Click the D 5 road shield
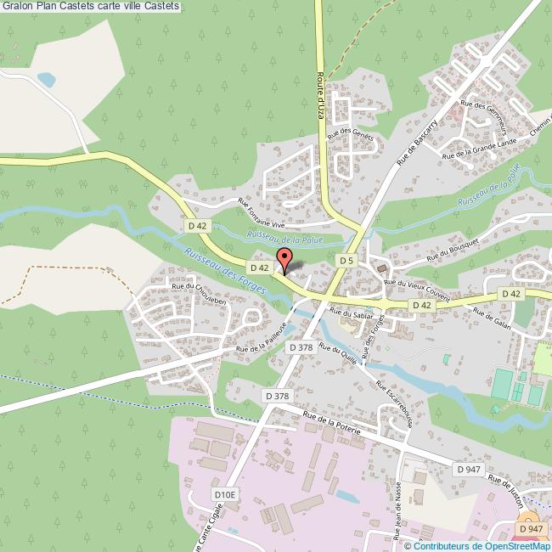click(x=345, y=259)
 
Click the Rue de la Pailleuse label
click(x=262, y=336)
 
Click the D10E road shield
click(x=224, y=493)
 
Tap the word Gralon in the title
click(x=18, y=6)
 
